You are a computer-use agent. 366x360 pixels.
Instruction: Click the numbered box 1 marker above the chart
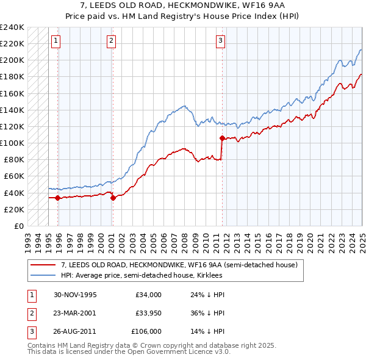(56, 41)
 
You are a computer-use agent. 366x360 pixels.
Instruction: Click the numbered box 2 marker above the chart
(112, 41)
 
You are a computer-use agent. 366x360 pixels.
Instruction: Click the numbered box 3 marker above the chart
(220, 41)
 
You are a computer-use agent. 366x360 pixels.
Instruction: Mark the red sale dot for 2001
(113, 198)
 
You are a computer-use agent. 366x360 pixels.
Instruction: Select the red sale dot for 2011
(222, 139)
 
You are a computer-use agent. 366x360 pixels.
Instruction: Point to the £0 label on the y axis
(18, 226)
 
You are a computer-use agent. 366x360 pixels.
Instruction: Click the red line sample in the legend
(44, 265)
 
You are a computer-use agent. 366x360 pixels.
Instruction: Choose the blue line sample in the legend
(44, 275)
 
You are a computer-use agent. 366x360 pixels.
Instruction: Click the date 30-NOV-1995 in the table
(75, 295)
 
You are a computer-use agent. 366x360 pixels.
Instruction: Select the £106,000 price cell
(146, 331)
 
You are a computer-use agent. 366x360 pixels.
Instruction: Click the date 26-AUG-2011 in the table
(75, 331)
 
